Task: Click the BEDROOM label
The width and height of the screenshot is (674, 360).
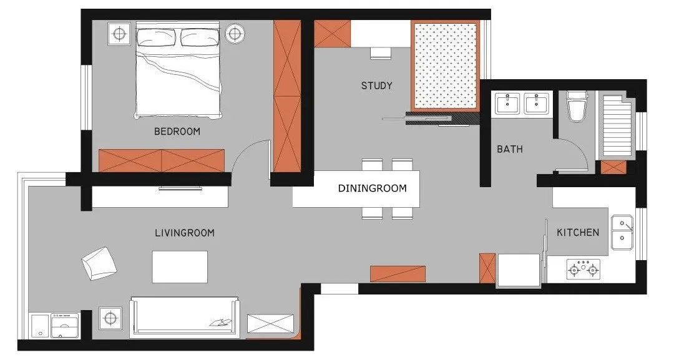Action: tap(177, 132)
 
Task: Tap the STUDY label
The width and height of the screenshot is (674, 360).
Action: tap(376, 86)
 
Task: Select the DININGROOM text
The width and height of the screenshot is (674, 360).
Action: tap(372, 188)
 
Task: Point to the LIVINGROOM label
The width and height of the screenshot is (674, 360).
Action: tap(184, 233)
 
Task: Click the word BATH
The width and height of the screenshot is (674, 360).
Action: tap(510, 149)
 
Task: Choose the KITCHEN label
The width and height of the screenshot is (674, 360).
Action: tap(578, 233)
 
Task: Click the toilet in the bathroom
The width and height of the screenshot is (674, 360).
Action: tap(577, 107)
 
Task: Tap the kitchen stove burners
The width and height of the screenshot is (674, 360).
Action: tap(584, 269)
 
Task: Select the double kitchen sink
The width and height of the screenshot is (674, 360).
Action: tap(622, 233)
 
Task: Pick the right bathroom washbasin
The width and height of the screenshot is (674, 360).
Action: tap(537, 104)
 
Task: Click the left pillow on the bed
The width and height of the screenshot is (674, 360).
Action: tap(157, 37)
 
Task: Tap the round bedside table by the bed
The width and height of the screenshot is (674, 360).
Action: tap(235, 33)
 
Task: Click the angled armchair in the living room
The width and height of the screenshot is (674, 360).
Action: tap(99, 263)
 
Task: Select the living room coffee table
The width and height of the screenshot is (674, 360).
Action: tap(180, 267)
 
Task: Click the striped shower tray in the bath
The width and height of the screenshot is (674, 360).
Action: tap(615, 127)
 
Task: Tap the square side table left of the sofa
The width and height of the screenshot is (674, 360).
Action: tap(110, 318)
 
